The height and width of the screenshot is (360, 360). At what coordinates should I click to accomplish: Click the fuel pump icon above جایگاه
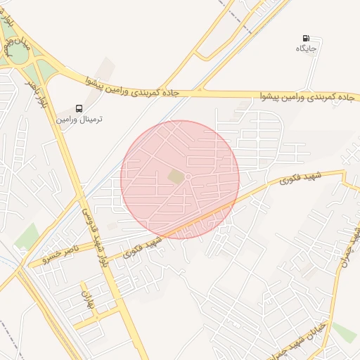point(305,38)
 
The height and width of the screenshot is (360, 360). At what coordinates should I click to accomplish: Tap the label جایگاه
point(306,49)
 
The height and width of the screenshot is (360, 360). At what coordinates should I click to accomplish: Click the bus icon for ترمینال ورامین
point(79,109)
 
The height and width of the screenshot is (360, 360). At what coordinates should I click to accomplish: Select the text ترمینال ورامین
point(79,120)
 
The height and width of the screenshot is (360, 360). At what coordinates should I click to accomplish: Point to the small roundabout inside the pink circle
point(188,176)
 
